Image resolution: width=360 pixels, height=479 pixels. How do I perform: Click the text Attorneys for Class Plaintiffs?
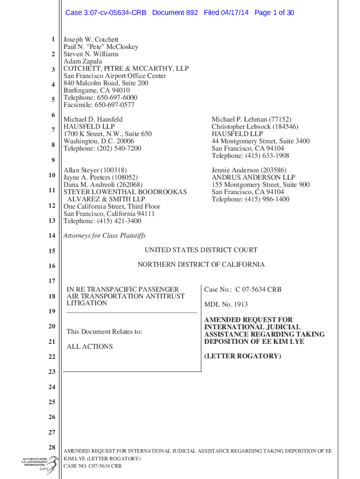(x=104, y=236)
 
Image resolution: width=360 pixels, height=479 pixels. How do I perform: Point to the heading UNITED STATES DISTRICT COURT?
(x=201, y=250)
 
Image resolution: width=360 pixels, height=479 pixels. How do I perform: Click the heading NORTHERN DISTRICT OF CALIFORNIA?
(x=201, y=265)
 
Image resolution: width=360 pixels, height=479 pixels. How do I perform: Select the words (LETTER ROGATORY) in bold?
(x=243, y=356)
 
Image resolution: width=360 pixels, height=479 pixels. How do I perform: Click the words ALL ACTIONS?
(x=89, y=347)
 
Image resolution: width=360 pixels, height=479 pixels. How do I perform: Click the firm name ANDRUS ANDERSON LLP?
(x=253, y=178)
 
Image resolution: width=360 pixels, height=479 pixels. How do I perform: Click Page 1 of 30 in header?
(x=274, y=13)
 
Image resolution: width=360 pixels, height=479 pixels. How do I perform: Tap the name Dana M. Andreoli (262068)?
(x=103, y=185)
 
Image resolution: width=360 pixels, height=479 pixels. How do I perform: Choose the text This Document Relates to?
(x=104, y=332)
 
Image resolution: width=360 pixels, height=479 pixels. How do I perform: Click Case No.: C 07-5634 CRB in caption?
(x=243, y=290)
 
